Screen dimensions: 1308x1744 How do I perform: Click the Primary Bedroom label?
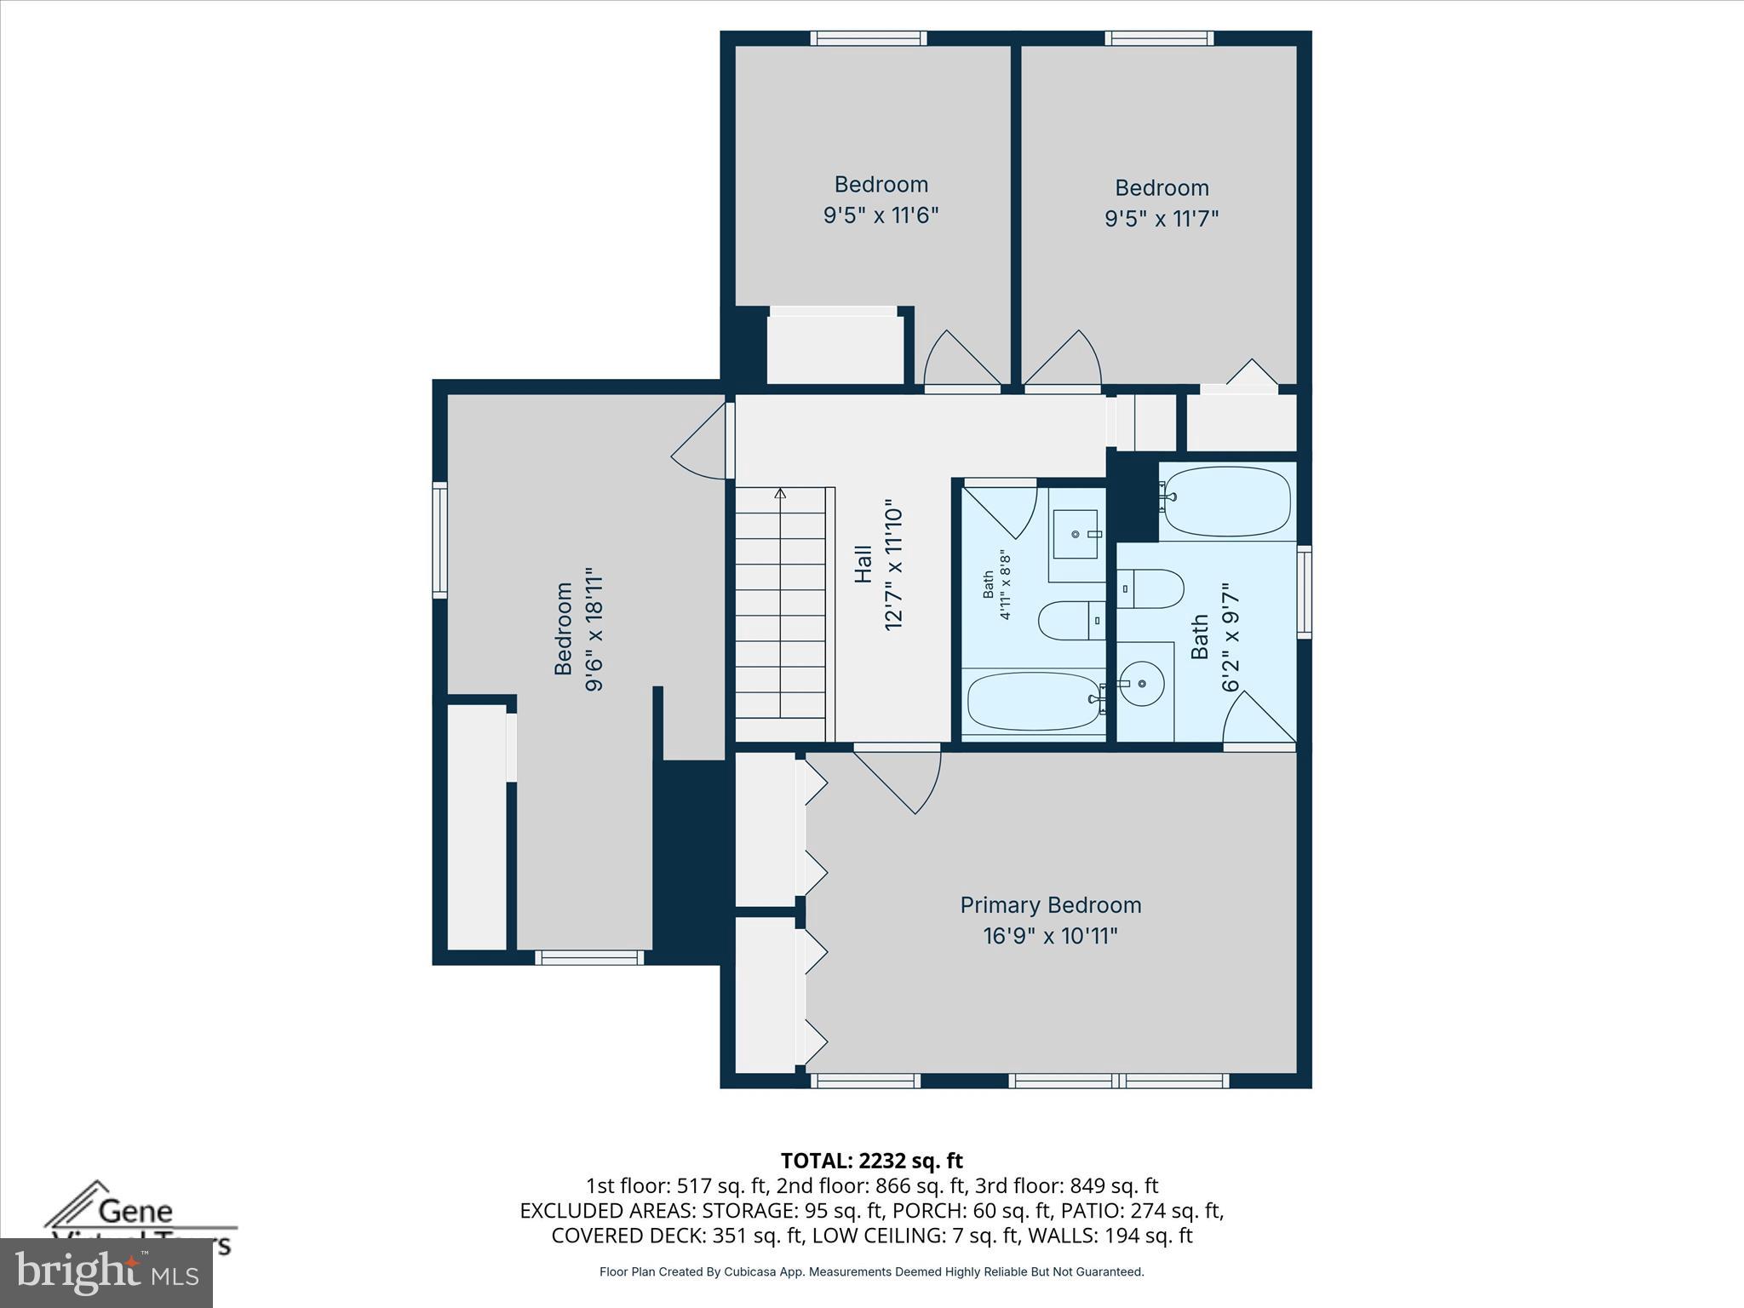click(x=1050, y=905)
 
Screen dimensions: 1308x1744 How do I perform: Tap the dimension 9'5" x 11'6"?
click(x=881, y=215)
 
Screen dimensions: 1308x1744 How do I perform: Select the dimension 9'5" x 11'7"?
click(x=1162, y=218)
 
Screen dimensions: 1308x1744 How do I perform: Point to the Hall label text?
click(x=863, y=564)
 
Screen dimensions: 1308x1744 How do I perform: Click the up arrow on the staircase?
click(x=780, y=494)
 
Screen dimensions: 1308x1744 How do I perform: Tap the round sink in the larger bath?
click(x=1141, y=683)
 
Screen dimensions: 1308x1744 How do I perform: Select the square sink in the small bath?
click(x=1076, y=534)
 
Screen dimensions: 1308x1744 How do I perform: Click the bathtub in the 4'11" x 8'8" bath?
click(x=1034, y=701)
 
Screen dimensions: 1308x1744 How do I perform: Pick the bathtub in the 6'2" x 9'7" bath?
click(x=1226, y=501)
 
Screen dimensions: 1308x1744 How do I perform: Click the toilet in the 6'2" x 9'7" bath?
click(x=1151, y=588)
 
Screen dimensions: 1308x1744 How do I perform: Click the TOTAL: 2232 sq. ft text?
click(x=871, y=1161)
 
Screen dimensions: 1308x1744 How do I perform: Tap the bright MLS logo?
click(x=106, y=1273)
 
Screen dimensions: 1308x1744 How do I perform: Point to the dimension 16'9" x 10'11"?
click(x=1050, y=936)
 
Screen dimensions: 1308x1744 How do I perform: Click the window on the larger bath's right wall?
click(x=1304, y=593)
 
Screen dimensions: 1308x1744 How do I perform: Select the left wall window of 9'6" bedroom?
click(x=439, y=540)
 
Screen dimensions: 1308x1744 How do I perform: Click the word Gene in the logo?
click(x=135, y=1211)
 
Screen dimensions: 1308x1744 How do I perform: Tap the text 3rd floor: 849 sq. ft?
click(x=1075, y=1185)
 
